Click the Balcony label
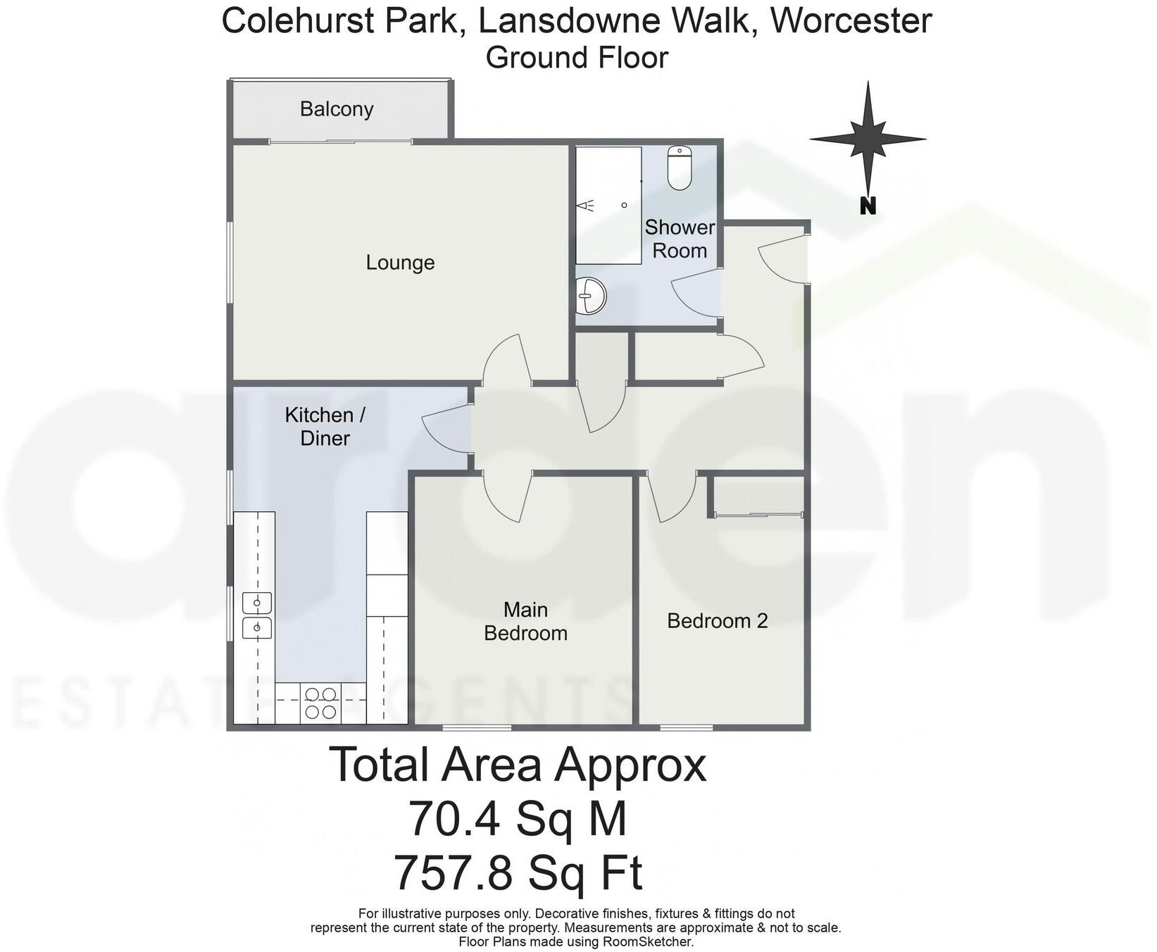[x=336, y=109]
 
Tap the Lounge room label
[x=400, y=263]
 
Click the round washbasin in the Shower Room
[x=590, y=295]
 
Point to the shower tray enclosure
[x=608, y=205]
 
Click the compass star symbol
[x=868, y=139]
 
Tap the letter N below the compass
[x=868, y=206]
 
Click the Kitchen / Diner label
[x=325, y=426]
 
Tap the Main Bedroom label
[x=525, y=621]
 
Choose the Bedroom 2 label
[x=717, y=621]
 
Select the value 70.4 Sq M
[x=518, y=819]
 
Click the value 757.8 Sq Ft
[x=518, y=872]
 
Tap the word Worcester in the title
[x=851, y=20]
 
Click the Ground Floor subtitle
[x=577, y=58]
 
